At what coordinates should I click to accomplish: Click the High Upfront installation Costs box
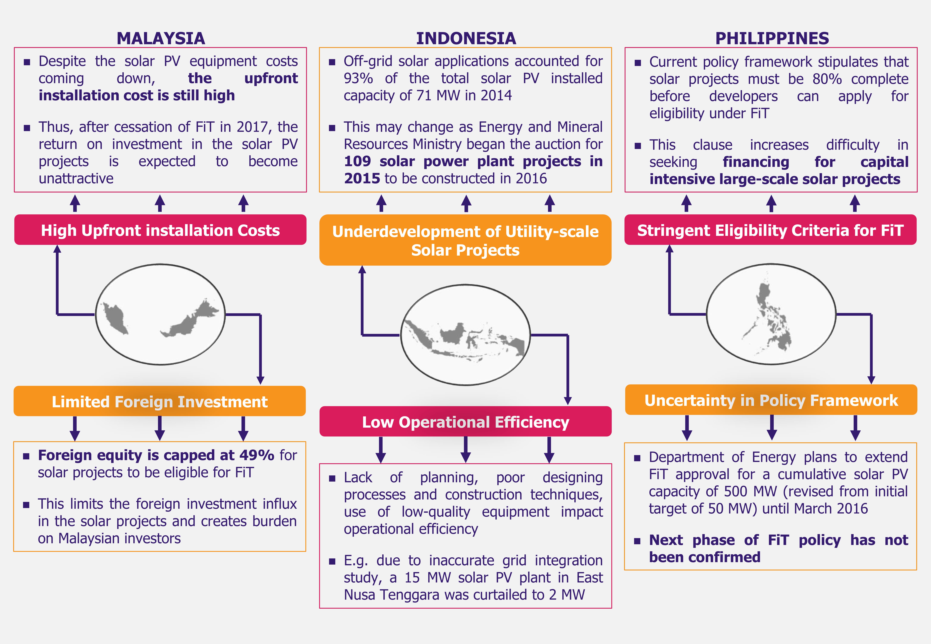coord(160,230)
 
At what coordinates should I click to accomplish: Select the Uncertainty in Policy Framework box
coord(771,400)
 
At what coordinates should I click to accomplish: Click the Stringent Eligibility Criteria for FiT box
coord(770,230)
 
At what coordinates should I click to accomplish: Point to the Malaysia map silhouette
coord(160,315)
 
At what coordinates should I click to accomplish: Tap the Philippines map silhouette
coord(771,315)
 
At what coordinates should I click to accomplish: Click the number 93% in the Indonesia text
coord(358,78)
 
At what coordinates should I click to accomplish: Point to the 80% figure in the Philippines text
coord(827,79)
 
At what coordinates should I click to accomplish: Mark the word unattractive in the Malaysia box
coord(76,178)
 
